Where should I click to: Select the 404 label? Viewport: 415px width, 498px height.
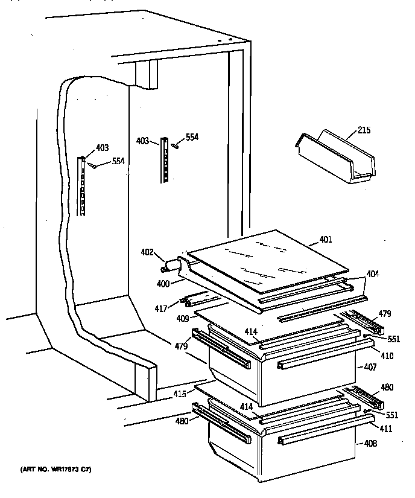click(373, 274)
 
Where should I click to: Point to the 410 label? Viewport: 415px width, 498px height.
click(387, 356)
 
